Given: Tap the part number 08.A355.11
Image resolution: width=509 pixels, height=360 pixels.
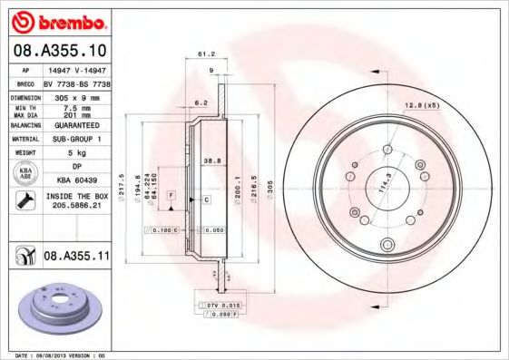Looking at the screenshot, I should click(76, 258).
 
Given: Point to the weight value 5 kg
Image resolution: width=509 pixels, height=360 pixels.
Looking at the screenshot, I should click(76, 153).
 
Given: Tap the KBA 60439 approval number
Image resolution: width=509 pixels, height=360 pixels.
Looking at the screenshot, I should click(76, 181).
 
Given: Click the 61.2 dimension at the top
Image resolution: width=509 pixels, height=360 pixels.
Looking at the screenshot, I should click(206, 54).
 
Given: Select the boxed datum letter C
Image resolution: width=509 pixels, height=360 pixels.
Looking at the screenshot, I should click(206, 199).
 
